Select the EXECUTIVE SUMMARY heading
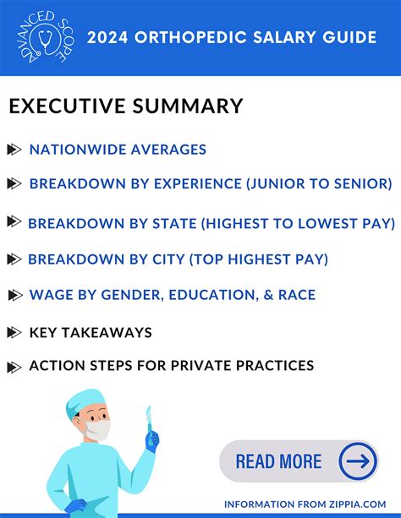point(126,106)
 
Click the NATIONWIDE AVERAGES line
point(118,150)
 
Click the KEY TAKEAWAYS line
point(91,332)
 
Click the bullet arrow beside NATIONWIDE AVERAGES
point(14,150)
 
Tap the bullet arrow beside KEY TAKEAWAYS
point(14,332)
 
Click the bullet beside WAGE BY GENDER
point(14,295)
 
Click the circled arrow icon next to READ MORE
point(358,461)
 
